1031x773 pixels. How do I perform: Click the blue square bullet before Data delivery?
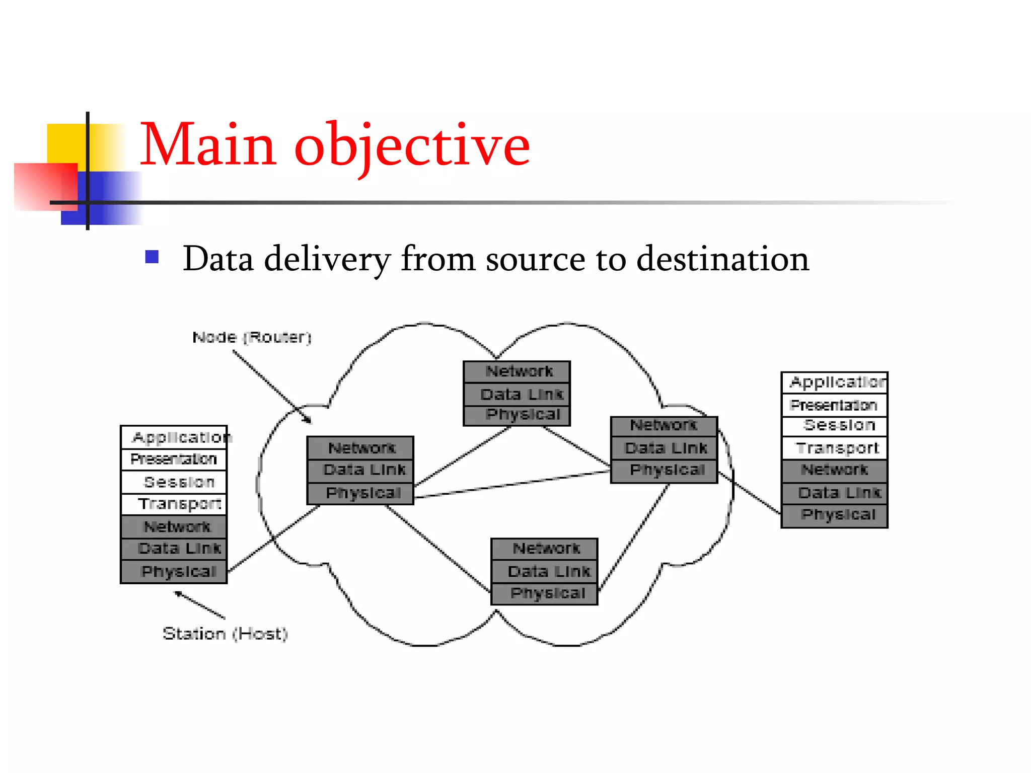pyautogui.click(x=152, y=257)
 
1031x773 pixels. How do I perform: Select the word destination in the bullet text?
pyautogui.click(x=722, y=259)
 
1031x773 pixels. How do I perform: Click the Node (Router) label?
pyautogui.click(x=252, y=337)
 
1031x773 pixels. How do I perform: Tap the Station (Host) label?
pyautogui.click(x=225, y=634)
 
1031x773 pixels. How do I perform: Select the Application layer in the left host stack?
pyautogui.click(x=174, y=437)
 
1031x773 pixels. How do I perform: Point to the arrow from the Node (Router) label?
pyautogui.click(x=272, y=386)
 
